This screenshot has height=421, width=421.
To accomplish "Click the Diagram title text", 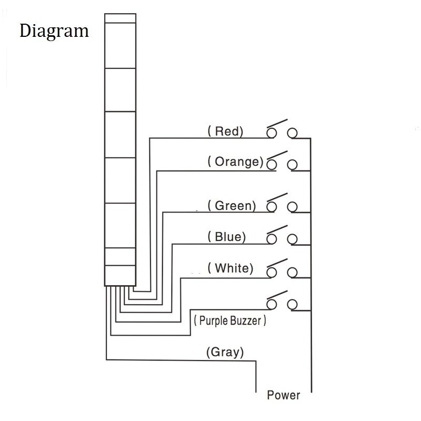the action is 54,32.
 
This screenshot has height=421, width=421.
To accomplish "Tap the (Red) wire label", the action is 226,131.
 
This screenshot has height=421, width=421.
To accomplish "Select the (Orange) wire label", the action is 235,162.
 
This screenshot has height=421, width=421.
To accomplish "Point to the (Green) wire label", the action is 232,206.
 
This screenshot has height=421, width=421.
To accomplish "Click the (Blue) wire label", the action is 227,237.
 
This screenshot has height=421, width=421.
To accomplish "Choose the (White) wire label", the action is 230,268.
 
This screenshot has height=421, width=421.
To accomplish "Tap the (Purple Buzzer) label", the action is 230,320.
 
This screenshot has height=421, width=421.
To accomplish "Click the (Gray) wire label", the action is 225,352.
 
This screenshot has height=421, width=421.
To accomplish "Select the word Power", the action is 284,395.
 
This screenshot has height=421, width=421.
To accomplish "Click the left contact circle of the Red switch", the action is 272,133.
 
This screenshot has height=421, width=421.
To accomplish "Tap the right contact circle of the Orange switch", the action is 292,165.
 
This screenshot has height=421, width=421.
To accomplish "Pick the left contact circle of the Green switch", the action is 272,207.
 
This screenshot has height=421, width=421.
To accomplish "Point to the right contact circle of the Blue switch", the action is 292,239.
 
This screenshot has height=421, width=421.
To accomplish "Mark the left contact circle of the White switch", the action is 272,273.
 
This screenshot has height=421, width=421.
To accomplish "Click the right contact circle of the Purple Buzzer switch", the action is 292,305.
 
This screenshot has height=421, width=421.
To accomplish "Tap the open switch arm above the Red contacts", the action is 277,124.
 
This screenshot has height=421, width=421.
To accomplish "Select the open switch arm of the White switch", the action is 277,263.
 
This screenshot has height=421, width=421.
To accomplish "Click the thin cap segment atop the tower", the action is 121,18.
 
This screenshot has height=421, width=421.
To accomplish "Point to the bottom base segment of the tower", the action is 120,276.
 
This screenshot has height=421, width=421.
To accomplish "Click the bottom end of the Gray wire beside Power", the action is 256,392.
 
